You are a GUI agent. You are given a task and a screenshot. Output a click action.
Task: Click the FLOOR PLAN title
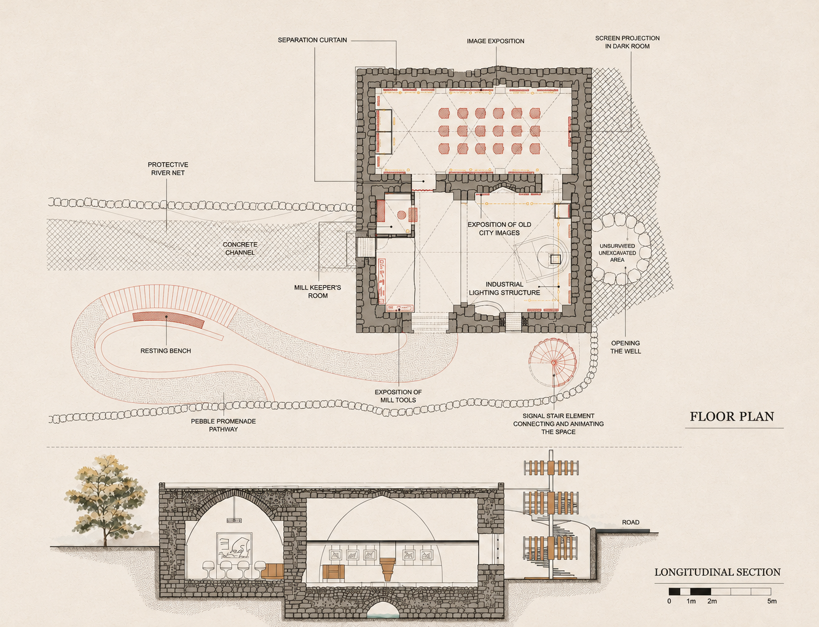(732, 417)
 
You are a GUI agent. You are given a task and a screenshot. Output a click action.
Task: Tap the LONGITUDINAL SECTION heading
(717, 572)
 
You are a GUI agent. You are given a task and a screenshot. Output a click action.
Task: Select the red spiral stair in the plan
(552, 363)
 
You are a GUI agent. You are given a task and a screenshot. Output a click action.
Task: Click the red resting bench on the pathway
(168, 320)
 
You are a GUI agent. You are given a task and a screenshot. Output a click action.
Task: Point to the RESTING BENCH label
(166, 351)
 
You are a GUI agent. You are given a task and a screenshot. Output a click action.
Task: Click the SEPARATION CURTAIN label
(312, 40)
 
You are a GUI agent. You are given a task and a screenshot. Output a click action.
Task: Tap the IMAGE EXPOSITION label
(495, 41)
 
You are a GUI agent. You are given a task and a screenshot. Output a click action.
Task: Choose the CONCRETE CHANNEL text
(240, 248)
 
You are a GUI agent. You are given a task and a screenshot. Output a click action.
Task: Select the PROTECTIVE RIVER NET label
(168, 168)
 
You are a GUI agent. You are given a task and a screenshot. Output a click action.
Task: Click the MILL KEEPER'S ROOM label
(318, 291)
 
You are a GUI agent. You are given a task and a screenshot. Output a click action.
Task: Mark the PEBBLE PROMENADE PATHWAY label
(224, 425)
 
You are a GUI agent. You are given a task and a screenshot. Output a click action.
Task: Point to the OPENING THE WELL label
(625, 347)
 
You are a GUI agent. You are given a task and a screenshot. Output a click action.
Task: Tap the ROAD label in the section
(630, 522)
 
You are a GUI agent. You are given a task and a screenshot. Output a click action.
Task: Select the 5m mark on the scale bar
(772, 601)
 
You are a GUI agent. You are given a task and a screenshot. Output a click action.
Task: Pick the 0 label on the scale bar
(669, 601)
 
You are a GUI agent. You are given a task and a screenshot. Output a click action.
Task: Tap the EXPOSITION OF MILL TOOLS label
(398, 396)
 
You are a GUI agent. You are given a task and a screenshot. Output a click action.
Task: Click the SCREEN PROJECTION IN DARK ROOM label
(627, 42)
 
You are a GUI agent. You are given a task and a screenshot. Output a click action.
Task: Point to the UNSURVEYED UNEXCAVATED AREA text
(617, 253)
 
